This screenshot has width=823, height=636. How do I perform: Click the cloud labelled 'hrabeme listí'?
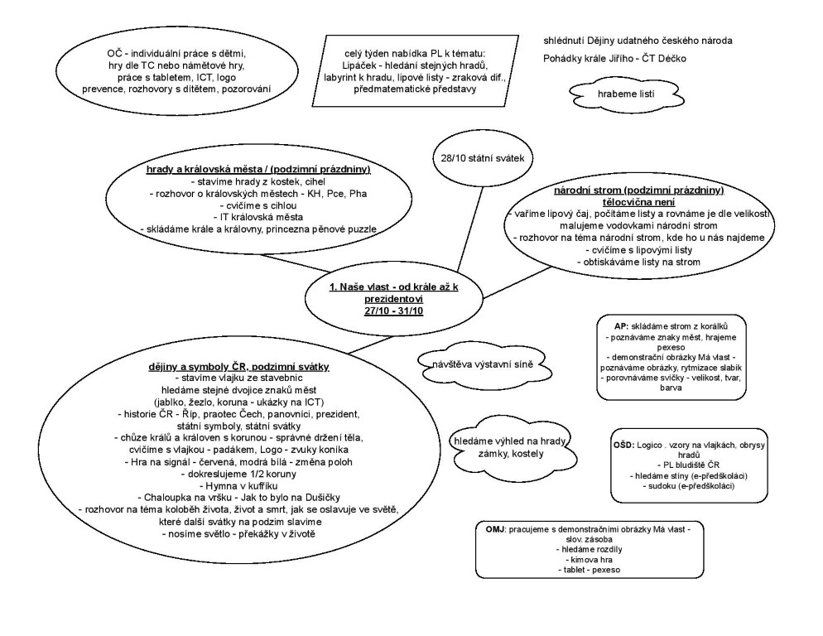click(626, 94)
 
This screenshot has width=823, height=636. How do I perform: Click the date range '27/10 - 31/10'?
click(392, 310)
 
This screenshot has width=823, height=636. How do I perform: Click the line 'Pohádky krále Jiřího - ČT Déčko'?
click(614, 58)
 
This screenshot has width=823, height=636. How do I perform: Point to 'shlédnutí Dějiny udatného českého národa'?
click(638, 40)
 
